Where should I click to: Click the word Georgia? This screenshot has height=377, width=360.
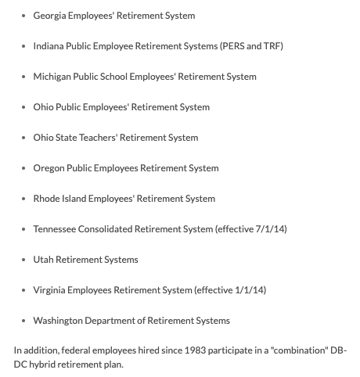50,16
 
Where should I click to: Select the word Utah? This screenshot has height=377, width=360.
43,260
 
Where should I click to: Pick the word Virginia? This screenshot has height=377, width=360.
50,290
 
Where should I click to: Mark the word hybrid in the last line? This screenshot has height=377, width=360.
44,364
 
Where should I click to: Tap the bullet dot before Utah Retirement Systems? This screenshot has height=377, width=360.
23,260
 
